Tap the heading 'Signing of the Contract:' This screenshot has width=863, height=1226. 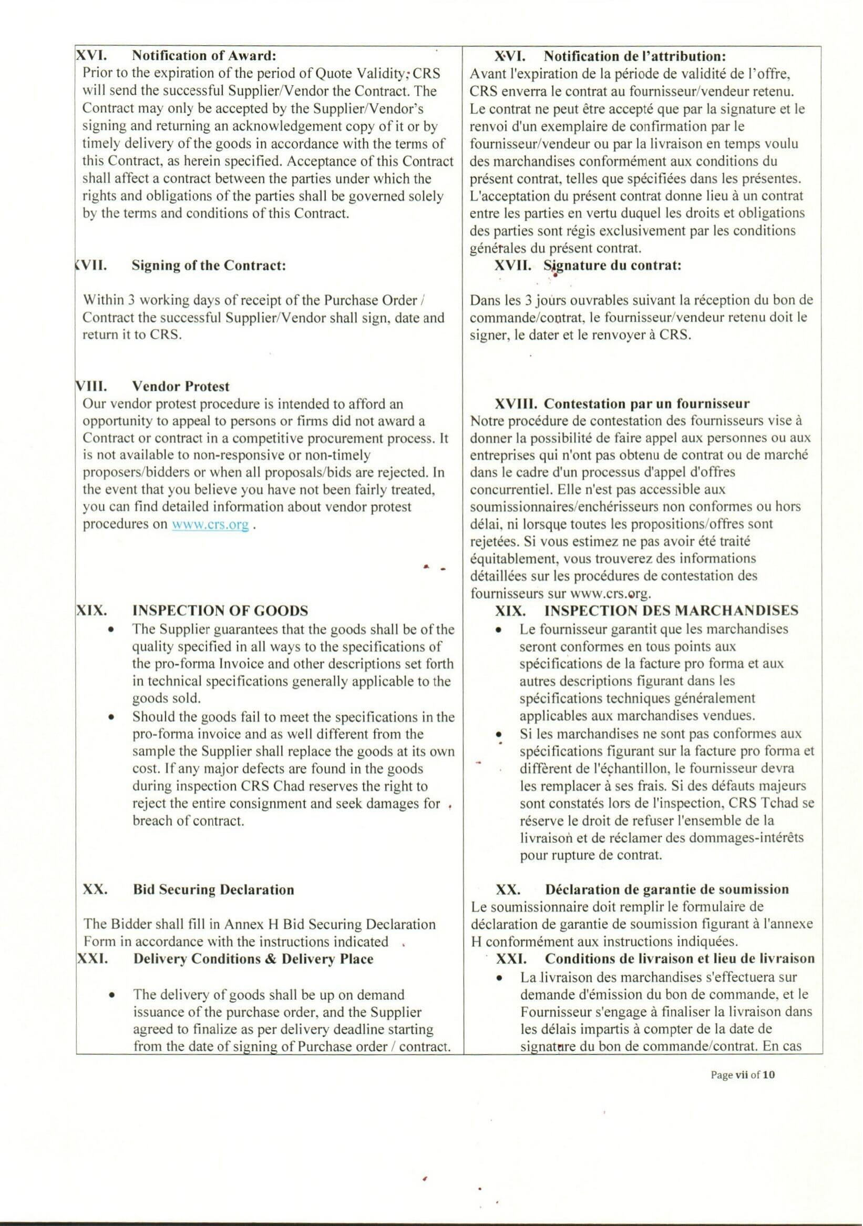click(x=209, y=266)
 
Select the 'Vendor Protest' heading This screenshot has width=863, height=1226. click(x=181, y=386)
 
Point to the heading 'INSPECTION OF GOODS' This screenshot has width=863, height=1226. click(x=220, y=610)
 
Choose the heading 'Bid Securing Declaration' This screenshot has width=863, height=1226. click(x=213, y=889)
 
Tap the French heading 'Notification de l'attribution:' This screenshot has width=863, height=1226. click(x=635, y=56)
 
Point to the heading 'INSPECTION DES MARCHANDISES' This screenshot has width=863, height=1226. click(x=671, y=610)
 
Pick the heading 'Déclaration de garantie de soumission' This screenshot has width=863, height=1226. click(x=666, y=889)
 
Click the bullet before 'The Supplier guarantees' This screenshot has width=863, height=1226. click(x=110, y=630)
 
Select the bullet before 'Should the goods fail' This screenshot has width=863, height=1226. click(x=110, y=717)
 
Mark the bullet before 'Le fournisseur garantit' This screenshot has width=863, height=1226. click(x=498, y=630)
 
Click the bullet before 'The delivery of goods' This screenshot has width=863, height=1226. click(x=110, y=995)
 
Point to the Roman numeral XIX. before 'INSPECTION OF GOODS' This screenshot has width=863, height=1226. click(x=90, y=610)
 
